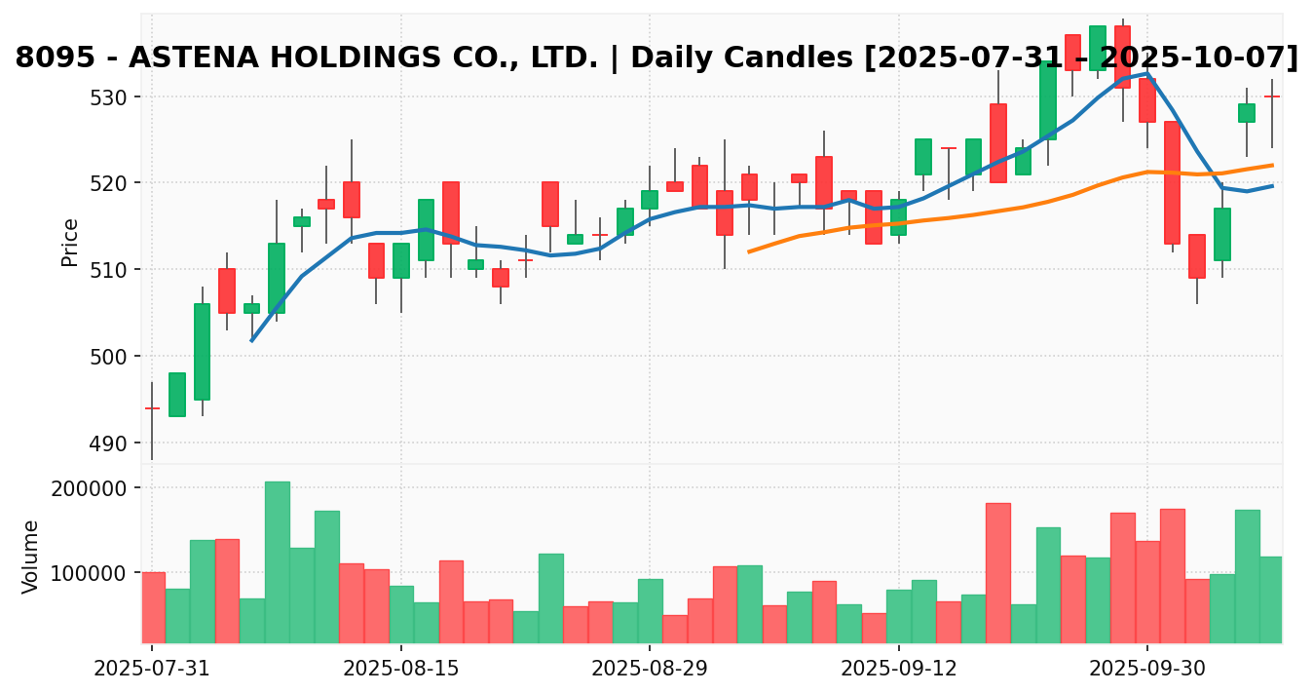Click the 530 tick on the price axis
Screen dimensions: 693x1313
click(x=115, y=97)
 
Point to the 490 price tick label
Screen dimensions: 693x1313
click(x=115, y=443)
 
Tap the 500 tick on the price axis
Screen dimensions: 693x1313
click(x=115, y=357)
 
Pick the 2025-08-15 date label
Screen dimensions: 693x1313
click(x=400, y=670)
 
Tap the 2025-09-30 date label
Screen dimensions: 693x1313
click(x=1146, y=670)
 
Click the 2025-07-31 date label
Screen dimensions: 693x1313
click(x=152, y=670)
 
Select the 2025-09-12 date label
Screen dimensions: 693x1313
click(x=898, y=670)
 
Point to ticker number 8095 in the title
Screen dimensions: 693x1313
click(x=55, y=58)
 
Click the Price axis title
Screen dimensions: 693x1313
click(x=70, y=242)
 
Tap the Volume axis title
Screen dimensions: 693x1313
click(x=31, y=556)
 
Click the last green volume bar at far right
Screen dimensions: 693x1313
click(x=1271, y=599)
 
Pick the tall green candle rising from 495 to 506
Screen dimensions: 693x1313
click(x=202, y=352)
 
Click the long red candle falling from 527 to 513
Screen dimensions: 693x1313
click(x=1172, y=182)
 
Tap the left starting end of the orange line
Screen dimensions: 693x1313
click(x=749, y=251)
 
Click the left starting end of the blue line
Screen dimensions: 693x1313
click(x=252, y=340)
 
